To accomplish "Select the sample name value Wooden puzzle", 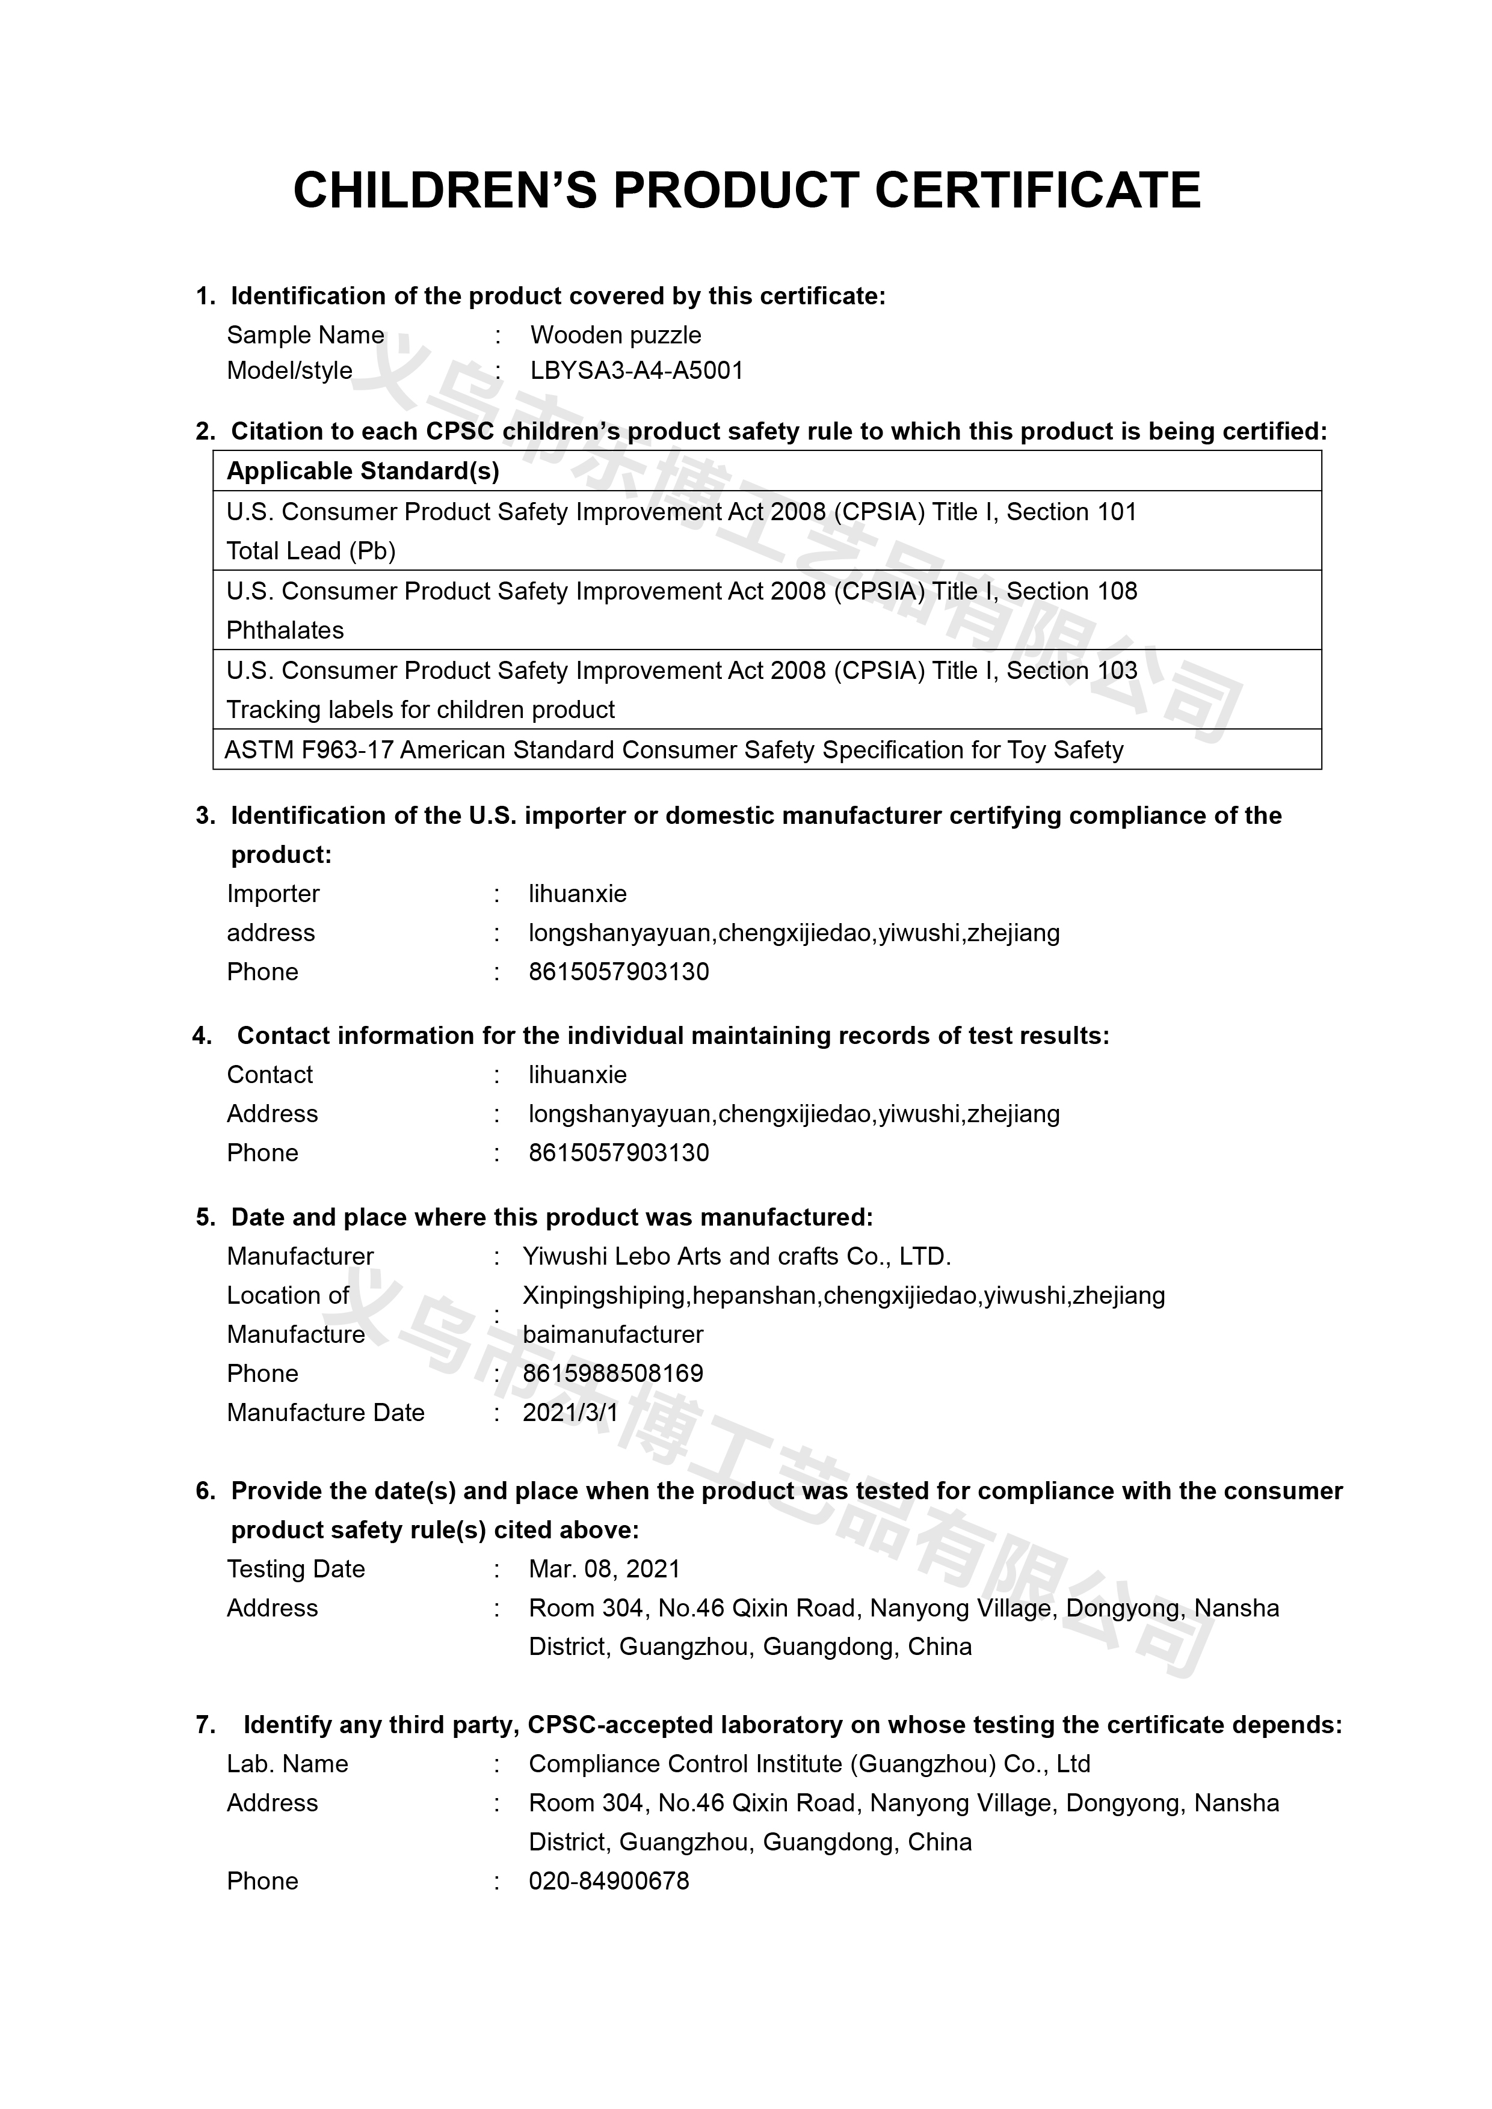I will (615, 336).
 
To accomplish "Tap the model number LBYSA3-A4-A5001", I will (637, 371).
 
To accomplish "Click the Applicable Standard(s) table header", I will (363, 471).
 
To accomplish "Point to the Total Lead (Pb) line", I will (310, 551).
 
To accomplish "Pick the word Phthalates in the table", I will (285, 630).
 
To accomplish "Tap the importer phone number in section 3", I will (618, 972).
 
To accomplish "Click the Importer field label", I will (273, 894).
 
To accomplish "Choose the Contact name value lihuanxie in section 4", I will (577, 1075).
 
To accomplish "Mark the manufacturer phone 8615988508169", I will (613, 1374).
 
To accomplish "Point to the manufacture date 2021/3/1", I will (570, 1413).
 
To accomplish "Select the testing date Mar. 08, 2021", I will (603, 1569).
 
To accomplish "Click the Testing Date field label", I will (296, 1569).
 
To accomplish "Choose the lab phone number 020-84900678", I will (608, 1881).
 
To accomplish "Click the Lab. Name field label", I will (288, 1764).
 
